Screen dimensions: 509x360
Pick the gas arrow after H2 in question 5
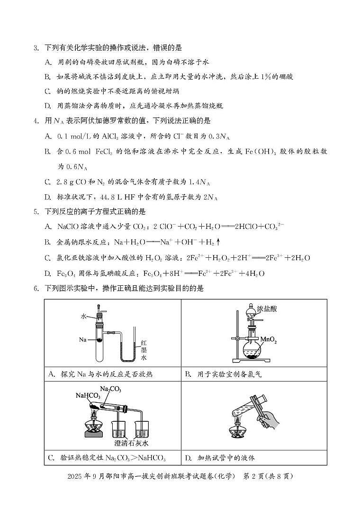[218, 242]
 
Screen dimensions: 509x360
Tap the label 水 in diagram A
[83, 316]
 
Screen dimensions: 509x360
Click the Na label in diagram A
[83, 340]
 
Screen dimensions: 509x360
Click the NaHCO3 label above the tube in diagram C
[88, 396]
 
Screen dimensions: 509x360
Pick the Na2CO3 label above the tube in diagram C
[110, 390]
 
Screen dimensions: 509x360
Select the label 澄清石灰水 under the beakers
[132, 443]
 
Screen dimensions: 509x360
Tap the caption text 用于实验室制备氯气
[229, 374]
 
